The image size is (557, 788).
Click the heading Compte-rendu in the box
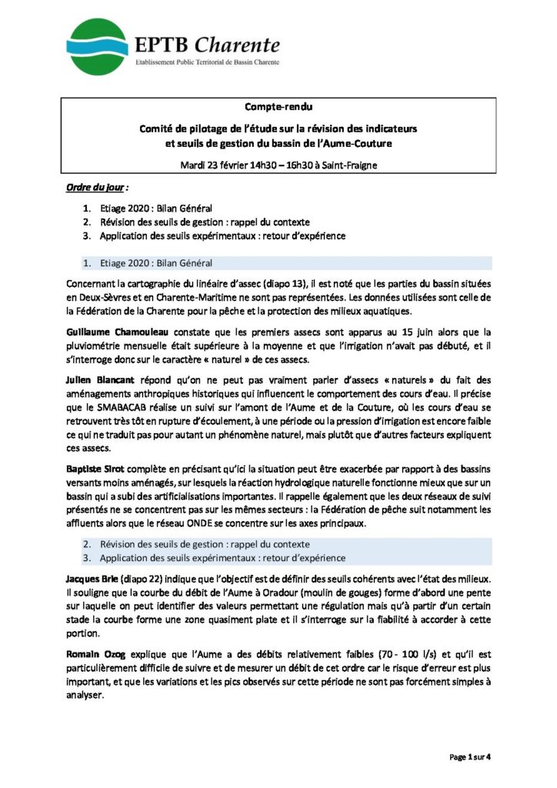[x=278, y=106]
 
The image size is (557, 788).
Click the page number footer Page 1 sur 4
[x=470, y=757]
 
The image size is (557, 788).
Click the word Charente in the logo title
[x=236, y=45]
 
